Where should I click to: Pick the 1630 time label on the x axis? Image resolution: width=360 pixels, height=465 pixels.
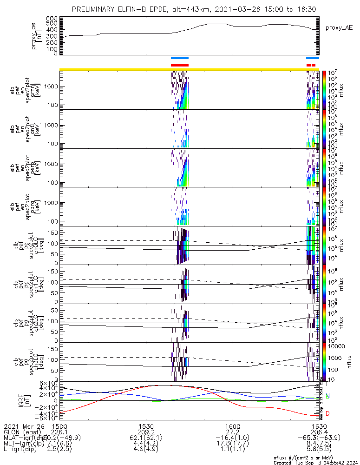point(319,425)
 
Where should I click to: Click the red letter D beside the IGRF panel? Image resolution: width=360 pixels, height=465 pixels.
point(328,413)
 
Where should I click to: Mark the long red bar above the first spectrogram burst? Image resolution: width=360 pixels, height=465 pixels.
point(180,65)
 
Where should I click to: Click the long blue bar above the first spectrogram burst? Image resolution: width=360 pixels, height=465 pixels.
point(180,58)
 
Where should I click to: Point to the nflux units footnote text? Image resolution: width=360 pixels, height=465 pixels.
point(309,458)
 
